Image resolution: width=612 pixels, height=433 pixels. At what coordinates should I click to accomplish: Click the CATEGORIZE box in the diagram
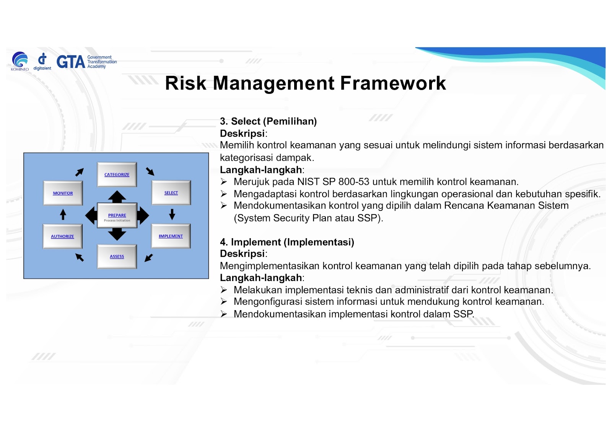click(x=117, y=175)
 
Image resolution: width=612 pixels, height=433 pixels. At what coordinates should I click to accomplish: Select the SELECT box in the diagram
click(x=171, y=193)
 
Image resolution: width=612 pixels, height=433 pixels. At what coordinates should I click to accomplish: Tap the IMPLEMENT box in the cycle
click(x=171, y=236)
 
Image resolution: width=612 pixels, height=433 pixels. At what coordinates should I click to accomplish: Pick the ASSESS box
click(x=117, y=257)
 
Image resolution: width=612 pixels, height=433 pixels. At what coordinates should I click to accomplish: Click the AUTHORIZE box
click(x=63, y=236)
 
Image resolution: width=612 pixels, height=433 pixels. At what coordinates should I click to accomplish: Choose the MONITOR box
click(x=63, y=193)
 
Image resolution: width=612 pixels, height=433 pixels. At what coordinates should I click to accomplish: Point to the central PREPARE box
click(x=117, y=216)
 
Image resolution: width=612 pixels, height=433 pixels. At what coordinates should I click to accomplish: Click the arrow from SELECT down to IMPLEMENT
click(x=172, y=214)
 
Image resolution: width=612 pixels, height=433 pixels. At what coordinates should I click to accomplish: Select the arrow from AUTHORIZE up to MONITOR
click(x=63, y=214)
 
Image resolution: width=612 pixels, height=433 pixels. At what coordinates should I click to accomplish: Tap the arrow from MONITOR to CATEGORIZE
click(x=80, y=172)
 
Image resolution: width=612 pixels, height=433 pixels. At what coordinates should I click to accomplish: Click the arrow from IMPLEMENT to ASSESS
click(x=149, y=258)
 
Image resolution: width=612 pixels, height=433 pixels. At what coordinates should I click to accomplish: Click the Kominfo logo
click(x=20, y=61)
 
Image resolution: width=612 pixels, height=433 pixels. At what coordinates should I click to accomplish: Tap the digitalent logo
click(x=42, y=62)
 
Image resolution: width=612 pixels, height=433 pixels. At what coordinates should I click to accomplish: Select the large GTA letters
click(x=71, y=62)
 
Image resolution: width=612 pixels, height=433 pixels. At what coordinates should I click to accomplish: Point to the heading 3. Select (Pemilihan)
click(x=268, y=121)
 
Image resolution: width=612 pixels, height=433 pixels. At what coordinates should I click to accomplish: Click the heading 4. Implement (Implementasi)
click(x=287, y=242)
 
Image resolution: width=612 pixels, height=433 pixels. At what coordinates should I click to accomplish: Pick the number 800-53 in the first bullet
click(x=354, y=181)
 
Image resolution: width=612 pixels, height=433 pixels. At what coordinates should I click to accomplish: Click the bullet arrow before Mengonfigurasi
click(x=224, y=302)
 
